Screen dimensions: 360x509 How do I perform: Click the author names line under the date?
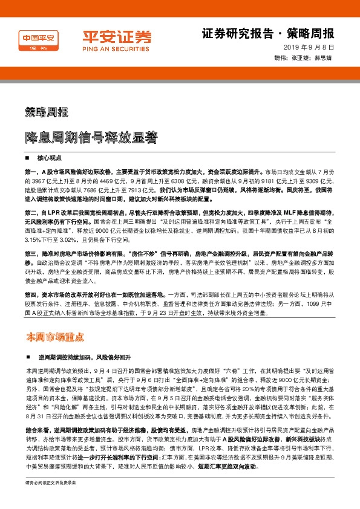pos(307,59)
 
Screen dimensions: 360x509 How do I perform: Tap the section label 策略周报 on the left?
pos(46,112)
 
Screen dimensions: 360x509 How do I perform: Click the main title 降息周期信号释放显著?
pos(91,137)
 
